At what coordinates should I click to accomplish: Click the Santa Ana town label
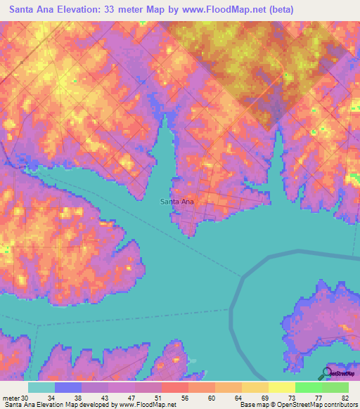[177, 202]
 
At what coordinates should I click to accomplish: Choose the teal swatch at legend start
[41, 387]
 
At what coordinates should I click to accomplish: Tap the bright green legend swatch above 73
[308, 387]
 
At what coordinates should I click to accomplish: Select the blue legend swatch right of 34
[68, 387]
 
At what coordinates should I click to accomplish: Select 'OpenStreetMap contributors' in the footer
[316, 405]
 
